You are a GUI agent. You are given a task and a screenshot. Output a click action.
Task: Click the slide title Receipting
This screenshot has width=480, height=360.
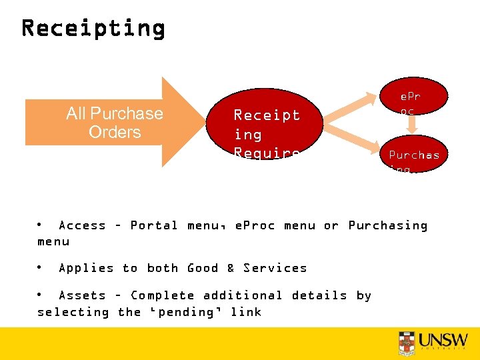pos(93,28)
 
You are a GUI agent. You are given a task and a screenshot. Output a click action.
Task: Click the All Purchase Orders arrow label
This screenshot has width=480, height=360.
pos(114,123)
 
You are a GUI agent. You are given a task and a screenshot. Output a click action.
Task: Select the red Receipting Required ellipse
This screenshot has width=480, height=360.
pos(267,133)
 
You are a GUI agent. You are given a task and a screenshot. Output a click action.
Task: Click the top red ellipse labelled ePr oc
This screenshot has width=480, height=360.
pos(410,101)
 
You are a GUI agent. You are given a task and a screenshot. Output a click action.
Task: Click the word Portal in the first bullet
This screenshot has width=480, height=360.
pos(153,225)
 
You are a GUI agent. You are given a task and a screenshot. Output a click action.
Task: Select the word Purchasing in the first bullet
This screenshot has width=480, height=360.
pos(387,225)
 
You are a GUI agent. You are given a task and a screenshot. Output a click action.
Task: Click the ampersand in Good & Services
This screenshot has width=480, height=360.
pos(230,268)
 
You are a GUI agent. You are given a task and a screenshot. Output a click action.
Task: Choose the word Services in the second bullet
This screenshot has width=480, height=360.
pos(275,268)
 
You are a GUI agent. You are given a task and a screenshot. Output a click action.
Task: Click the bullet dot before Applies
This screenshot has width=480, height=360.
pos(40,267)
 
